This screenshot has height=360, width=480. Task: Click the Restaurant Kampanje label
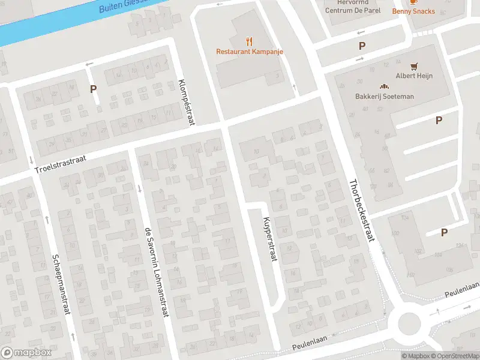tap(250, 52)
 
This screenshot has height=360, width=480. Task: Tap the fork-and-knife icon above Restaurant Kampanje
tap(250, 41)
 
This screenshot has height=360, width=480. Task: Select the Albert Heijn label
tap(414, 76)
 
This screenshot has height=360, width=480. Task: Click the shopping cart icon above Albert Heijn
tap(414, 66)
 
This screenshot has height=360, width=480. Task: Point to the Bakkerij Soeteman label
tap(384, 96)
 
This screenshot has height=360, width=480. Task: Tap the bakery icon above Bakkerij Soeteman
tap(384, 86)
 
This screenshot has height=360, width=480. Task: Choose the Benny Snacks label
tap(413, 11)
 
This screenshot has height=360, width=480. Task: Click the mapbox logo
tap(25, 353)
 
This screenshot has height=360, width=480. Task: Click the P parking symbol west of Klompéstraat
tap(93, 89)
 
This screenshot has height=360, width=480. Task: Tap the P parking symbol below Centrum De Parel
tap(362, 46)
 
